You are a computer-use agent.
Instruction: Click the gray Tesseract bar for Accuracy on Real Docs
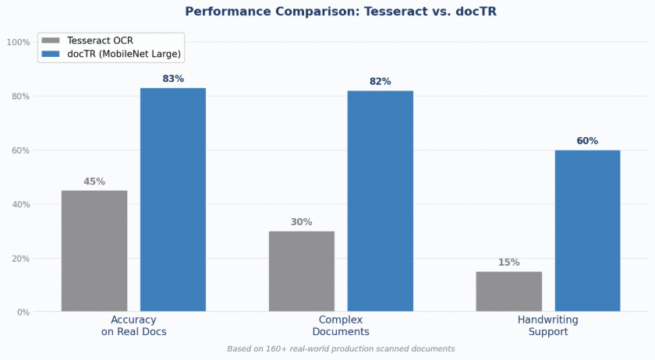click(94, 251)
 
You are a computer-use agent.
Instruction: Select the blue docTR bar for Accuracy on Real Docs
click(173, 199)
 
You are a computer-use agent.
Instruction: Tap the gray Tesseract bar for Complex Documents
click(302, 271)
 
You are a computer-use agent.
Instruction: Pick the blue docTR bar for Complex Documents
click(381, 201)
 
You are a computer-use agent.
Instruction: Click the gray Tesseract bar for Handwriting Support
click(509, 291)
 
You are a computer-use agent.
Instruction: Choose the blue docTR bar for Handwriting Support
click(588, 231)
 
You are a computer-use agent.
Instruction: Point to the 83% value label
click(173, 79)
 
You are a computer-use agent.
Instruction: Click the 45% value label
click(94, 182)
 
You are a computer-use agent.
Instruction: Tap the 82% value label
click(381, 82)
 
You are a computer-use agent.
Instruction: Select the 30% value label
click(302, 222)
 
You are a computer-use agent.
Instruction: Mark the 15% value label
click(509, 263)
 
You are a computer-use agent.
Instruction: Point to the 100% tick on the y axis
click(19, 42)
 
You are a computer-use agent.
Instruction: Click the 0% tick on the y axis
click(22, 312)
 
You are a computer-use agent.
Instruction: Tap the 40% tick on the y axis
click(20, 204)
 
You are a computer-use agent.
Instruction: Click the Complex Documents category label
click(341, 326)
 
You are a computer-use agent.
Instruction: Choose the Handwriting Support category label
click(548, 326)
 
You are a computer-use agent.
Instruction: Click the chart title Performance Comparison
click(341, 12)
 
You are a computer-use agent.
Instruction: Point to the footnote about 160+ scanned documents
click(341, 349)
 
